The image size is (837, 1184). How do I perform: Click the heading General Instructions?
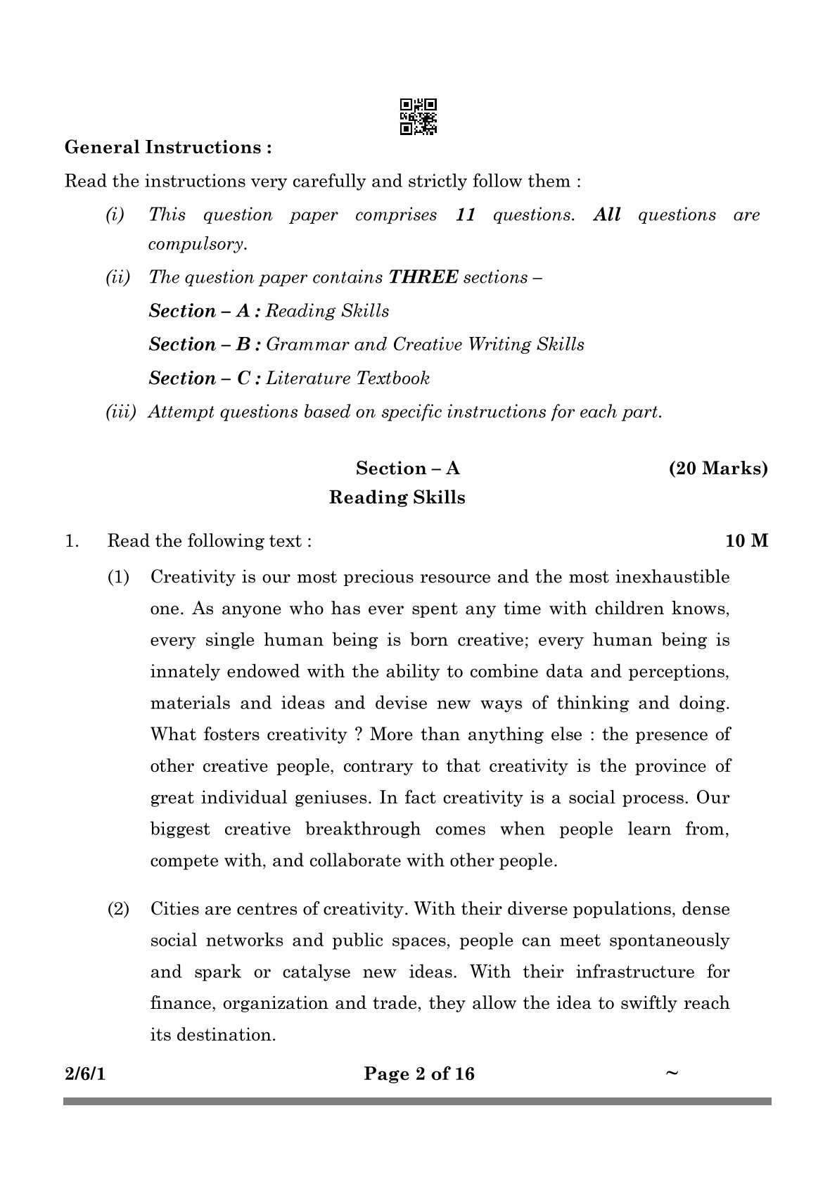168,148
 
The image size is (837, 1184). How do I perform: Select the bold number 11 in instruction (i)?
466,215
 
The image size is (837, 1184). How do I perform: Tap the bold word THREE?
423,277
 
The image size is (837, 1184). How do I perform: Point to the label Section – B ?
205,345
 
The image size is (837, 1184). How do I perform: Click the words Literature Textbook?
348,378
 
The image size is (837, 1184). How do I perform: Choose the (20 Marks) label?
718,469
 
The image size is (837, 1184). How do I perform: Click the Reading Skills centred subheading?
397,498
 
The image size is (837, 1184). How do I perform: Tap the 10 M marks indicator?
747,541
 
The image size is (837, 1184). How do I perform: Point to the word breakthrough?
362,829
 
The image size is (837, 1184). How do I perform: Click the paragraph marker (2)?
118,909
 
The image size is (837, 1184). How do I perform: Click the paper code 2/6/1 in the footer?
84,1074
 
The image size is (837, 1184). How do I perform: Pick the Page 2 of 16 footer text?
419,1074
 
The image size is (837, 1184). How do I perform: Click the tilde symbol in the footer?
672,1073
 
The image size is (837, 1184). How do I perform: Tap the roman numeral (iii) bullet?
120,412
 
